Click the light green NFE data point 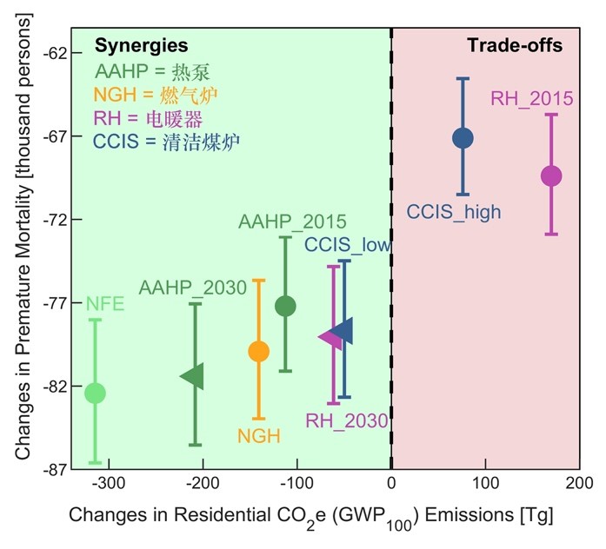pyautogui.click(x=94, y=393)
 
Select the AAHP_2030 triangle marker pyautogui.click(x=192, y=375)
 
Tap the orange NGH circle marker pyautogui.click(x=258, y=351)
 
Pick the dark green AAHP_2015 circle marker pyautogui.click(x=285, y=306)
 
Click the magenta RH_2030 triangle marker pyautogui.click(x=330, y=336)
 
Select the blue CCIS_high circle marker pyautogui.click(x=463, y=137)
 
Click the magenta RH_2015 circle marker pyautogui.click(x=551, y=175)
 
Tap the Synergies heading pyautogui.click(x=141, y=45)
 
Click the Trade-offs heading pyautogui.click(x=515, y=45)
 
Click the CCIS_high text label pyautogui.click(x=454, y=210)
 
